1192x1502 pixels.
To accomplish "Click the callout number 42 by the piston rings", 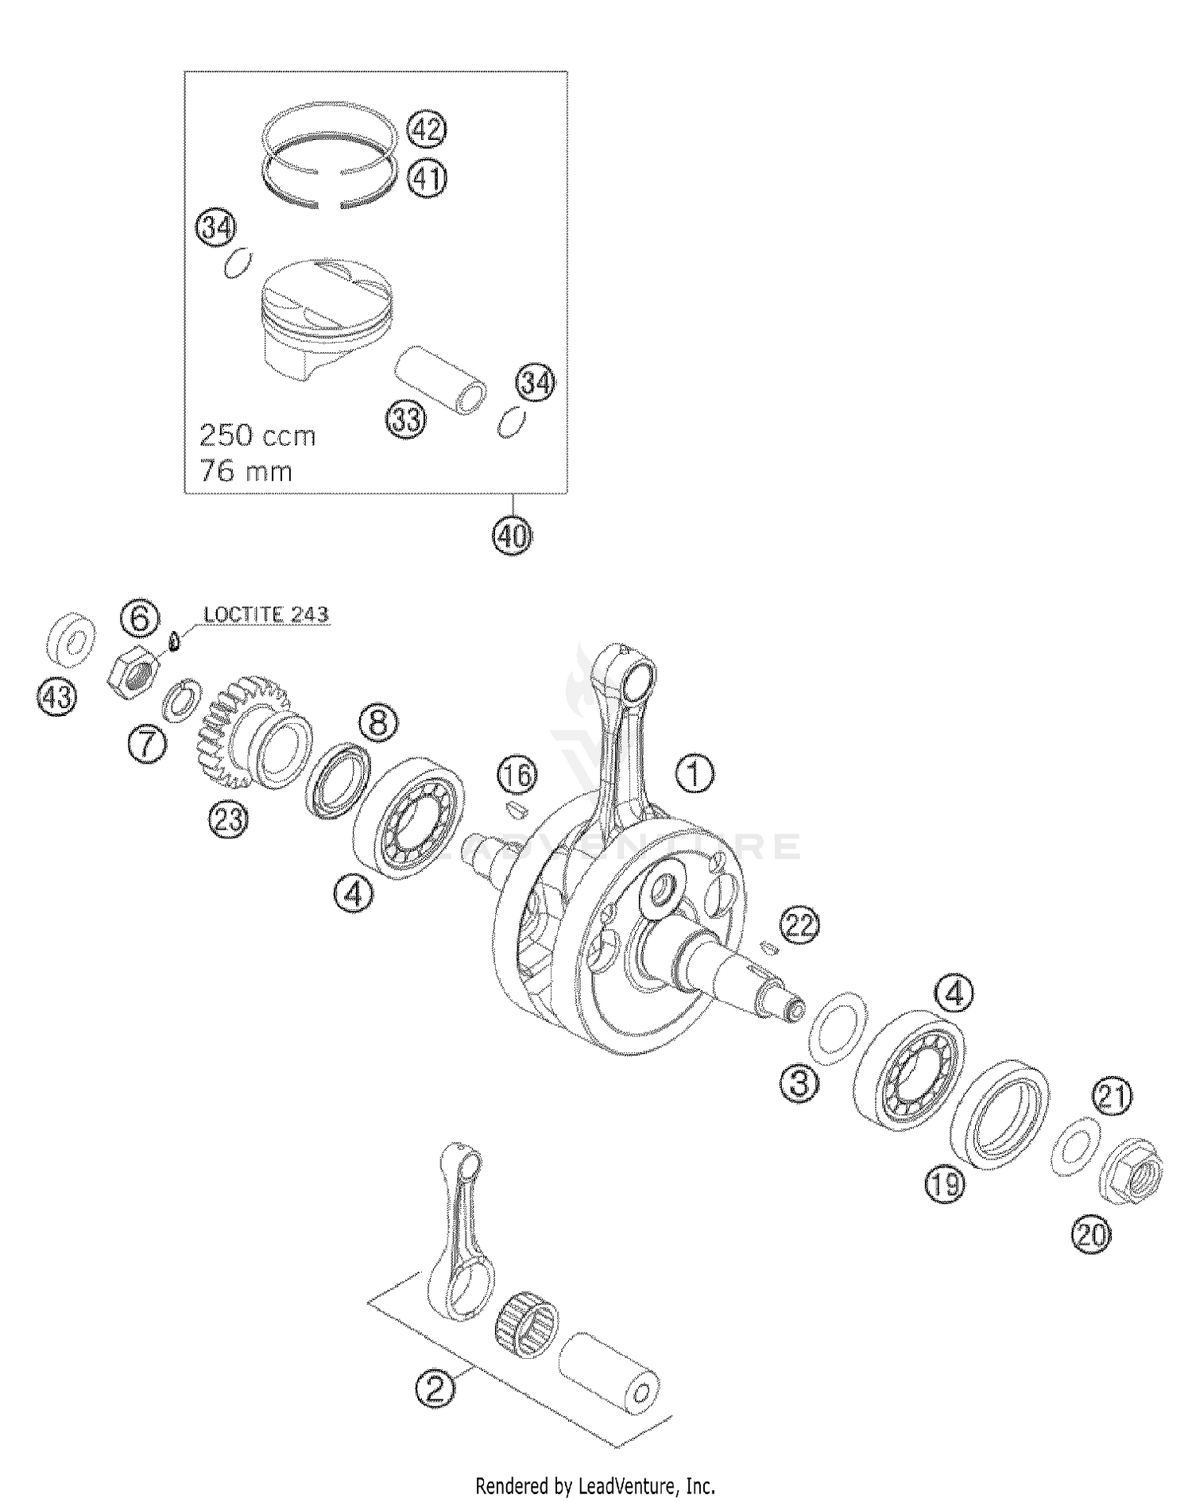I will [x=427, y=129].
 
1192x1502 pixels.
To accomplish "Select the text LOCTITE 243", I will [x=265, y=614].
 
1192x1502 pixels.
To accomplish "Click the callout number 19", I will [x=944, y=1185].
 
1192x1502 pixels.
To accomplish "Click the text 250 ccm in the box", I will [x=257, y=436].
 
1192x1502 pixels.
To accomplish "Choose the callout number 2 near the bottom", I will [x=435, y=1388].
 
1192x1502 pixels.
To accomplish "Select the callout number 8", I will [x=378, y=723].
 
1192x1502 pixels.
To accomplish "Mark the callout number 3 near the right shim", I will [x=799, y=1082].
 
